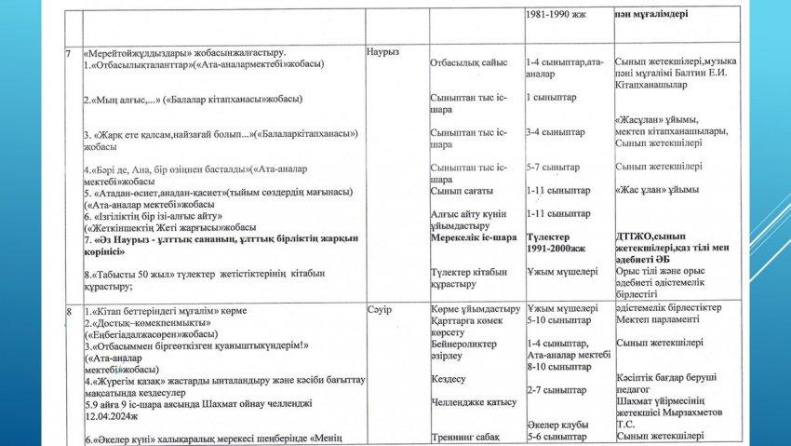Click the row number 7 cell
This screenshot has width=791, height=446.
pos(68,52)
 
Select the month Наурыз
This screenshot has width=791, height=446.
pos(383,52)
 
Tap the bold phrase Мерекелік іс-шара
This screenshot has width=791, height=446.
pos(474,237)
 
